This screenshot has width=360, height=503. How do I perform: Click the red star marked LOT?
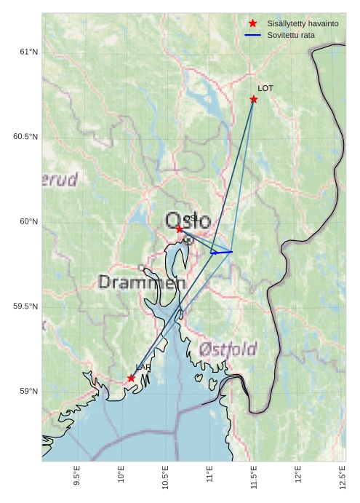click(254, 99)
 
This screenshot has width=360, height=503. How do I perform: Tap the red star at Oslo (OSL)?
click(180, 229)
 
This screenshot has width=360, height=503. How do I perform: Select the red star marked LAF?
click(131, 378)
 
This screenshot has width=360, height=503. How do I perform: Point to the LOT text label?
click(265, 88)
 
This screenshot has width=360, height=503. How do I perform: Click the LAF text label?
click(143, 368)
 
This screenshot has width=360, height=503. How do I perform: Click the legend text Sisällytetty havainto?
click(303, 24)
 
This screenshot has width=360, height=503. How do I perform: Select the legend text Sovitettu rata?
click(291, 35)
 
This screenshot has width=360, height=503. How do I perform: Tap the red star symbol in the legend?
click(253, 24)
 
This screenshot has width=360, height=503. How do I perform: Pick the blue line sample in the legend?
click(253, 35)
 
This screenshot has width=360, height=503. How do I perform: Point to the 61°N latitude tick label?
click(28, 52)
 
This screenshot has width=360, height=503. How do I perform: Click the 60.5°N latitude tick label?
click(25, 137)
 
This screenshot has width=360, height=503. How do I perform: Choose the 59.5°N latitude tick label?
click(25, 306)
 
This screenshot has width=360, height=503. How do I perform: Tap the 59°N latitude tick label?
click(28, 392)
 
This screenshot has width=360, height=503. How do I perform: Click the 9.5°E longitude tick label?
click(77, 477)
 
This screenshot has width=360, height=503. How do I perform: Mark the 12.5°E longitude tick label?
click(343, 477)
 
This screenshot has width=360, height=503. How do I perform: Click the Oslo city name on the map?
click(188, 221)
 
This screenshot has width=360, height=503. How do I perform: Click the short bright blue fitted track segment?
click(221, 252)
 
